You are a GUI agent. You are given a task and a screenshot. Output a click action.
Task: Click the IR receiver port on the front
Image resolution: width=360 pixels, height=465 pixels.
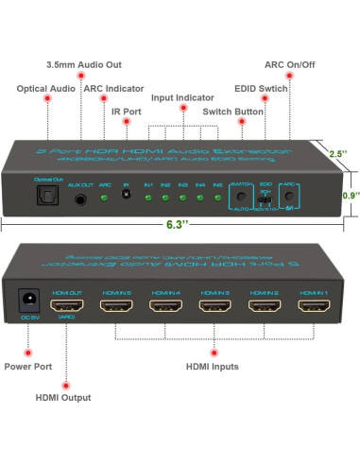(125, 195)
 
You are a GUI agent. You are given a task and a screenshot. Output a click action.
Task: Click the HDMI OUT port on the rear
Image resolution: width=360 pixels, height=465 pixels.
(67, 307)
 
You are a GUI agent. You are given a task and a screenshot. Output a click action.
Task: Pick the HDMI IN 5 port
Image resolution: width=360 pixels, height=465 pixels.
(115, 307)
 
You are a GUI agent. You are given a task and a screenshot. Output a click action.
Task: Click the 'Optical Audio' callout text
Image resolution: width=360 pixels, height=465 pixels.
(44, 89)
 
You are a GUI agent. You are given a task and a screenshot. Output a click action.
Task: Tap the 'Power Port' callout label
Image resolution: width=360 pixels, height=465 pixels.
(29, 367)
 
